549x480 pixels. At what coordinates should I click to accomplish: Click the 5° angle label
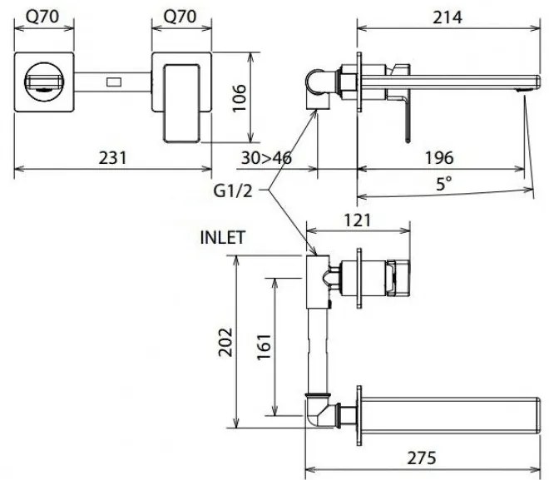(x=445, y=185)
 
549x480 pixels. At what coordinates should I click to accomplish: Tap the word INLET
(x=223, y=236)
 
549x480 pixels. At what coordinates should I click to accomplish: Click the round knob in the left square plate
(x=47, y=82)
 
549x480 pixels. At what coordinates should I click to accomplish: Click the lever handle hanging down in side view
(x=408, y=112)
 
